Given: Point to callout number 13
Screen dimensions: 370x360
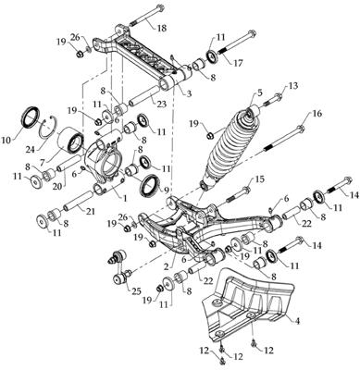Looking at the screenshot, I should (293, 86).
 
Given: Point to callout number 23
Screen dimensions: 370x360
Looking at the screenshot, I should (162, 104).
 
